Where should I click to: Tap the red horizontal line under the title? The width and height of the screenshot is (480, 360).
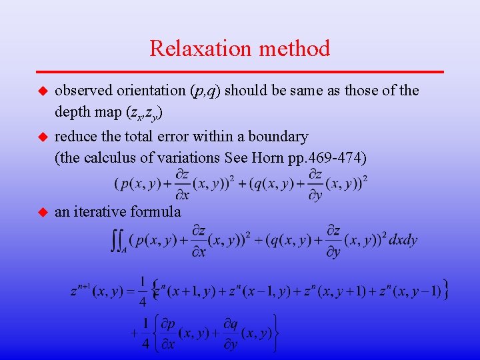[x=240, y=71]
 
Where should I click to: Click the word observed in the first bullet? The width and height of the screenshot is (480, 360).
[x=80, y=90]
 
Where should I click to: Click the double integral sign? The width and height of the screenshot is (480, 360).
[x=117, y=241]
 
